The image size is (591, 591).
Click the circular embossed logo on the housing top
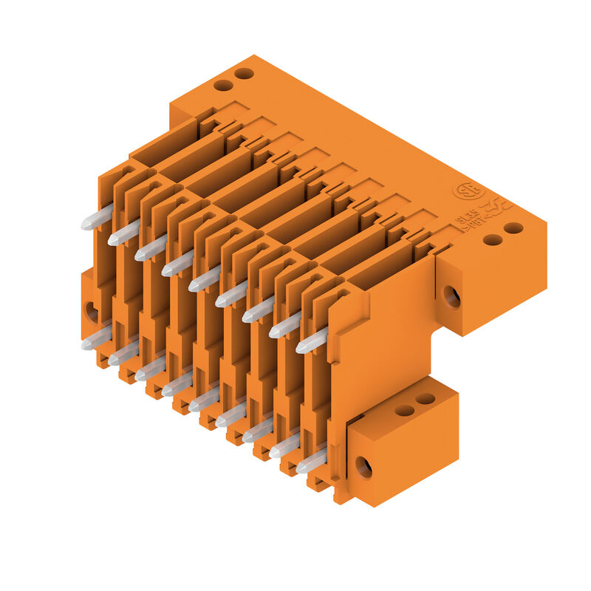(465, 191)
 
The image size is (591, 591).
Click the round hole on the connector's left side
(92, 311)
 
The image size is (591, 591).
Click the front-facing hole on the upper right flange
(451, 296)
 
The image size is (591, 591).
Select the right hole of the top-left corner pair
(244, 74)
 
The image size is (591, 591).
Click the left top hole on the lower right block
(404, 410)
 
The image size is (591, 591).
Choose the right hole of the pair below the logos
(513, 228)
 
